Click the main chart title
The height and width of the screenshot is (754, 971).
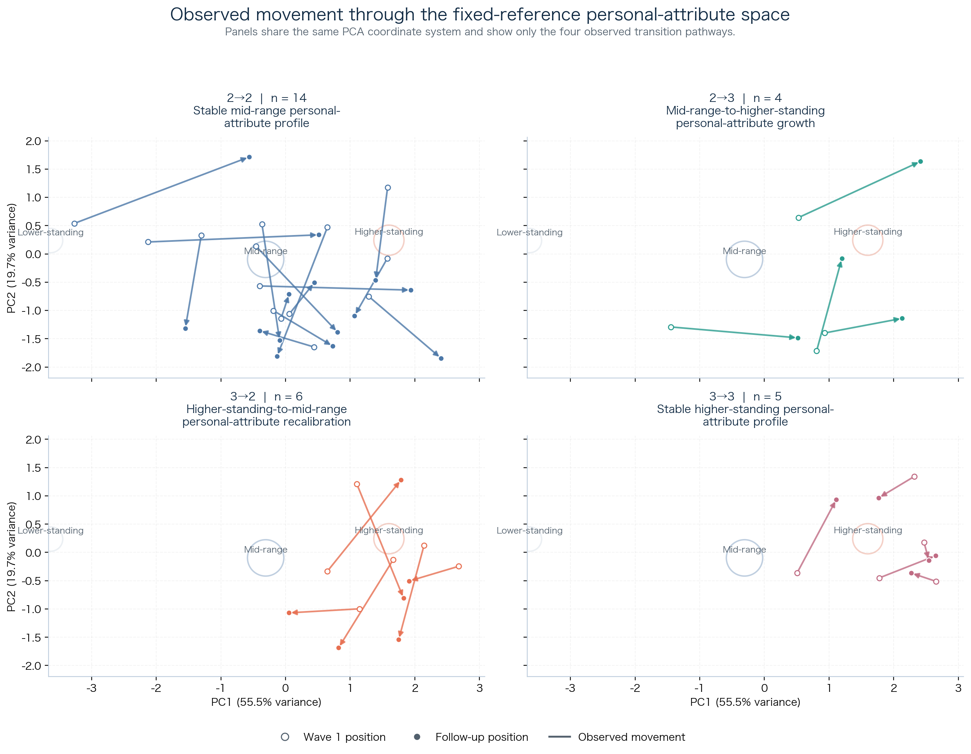[480, 15]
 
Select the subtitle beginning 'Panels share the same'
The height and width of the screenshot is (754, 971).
[480, 32]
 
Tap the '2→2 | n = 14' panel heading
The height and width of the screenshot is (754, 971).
[266, 98]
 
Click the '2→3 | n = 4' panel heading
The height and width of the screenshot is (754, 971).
[745, 98]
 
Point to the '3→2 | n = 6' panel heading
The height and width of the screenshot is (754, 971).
[266, 396]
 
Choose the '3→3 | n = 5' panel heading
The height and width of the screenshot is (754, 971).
[745, 396]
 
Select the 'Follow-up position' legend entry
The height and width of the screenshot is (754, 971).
[481, 737]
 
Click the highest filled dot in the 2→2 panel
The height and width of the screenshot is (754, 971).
[250, 157]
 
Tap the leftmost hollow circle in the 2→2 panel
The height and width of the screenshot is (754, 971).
[75, 224]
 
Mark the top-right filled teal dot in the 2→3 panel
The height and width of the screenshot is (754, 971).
[920, 161]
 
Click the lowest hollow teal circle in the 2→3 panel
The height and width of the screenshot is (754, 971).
[816, 351]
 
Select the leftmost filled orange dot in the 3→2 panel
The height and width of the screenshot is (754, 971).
[289, 613]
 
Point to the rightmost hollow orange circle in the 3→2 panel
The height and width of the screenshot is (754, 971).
[459, 566]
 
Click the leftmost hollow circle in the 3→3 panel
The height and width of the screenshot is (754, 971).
[797, 573]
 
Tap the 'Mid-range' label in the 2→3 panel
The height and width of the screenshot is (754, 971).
[744, 251]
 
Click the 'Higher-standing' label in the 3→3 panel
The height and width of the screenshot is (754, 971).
[867, 530]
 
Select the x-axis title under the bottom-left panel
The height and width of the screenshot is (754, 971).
[266, 702]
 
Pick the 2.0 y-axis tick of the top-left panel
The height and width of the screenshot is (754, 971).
[33, 141]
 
